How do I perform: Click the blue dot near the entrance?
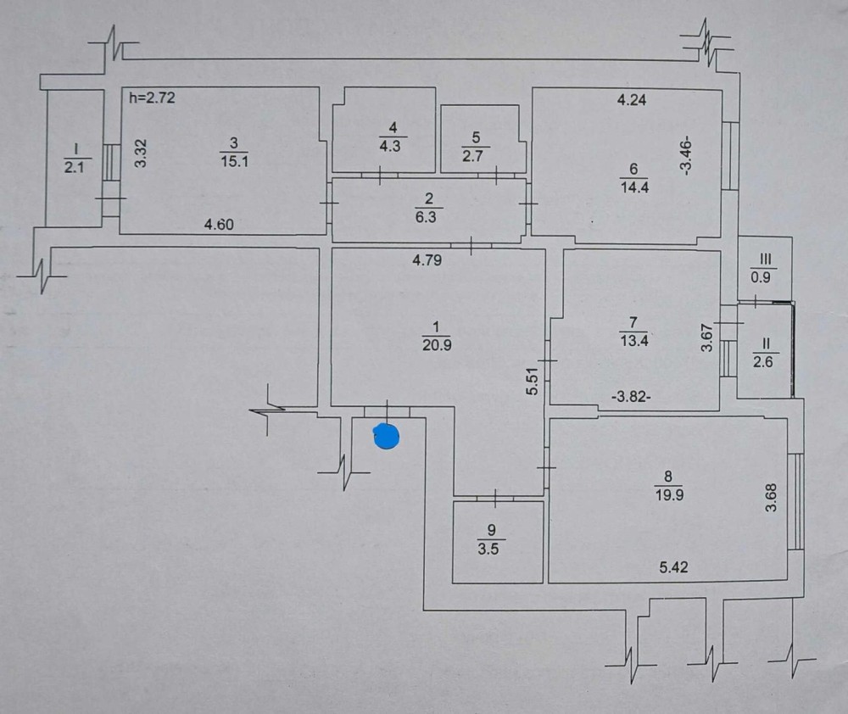click(x=386, y=437)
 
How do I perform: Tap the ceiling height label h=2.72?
click(x=153, y=98)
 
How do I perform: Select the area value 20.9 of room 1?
click(x=437, y=344)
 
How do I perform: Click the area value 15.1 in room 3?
click(x=234, y=161)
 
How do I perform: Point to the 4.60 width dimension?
click(x=219, y=224)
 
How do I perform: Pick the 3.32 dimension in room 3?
click(x=141, y=153)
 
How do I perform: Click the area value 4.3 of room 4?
click(x=390, y=146)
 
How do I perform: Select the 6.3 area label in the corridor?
click(x=427, y=217)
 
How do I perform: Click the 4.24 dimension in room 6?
click(x=632, y=99)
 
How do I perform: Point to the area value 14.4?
click(x=634, y=187)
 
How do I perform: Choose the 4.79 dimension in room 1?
click(x=427, y=260)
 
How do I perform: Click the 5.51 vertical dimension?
click(x=533, y=382)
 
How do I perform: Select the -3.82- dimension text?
click(x=631, y=397)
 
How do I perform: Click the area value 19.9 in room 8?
click(x=670, y=495)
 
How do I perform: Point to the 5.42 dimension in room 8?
click(x=673, y=566)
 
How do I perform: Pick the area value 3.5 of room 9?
click(x=488, y=549)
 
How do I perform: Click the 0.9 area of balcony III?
click(x=761, y=277)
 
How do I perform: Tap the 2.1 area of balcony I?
click(x=74, y=168)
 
